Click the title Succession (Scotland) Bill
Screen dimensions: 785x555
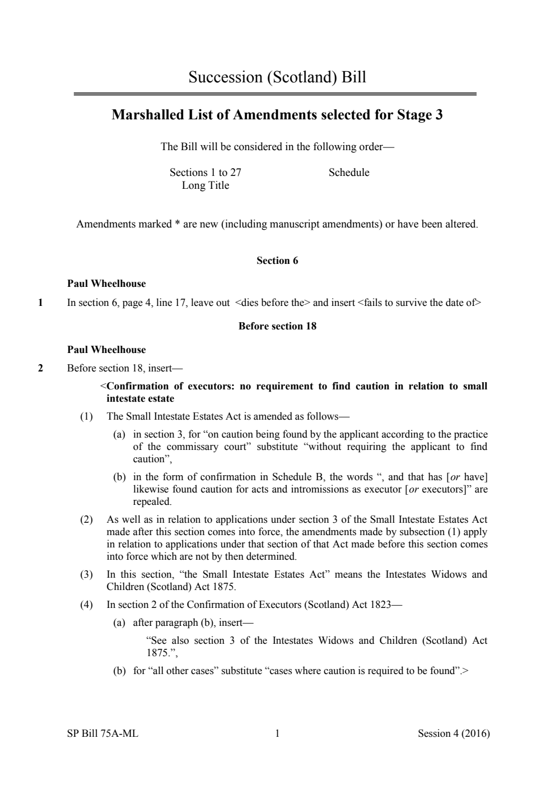coord(277,77)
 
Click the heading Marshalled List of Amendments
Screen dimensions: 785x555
coord(277,115)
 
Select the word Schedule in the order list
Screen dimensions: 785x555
coord(349,173)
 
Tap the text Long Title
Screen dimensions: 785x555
coord(206,185)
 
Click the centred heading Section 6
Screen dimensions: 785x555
coord(277,261)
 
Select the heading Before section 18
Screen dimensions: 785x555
coord(277,326)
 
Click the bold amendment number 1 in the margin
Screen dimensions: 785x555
coord(40,303)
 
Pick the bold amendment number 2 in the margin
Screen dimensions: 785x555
coord(40,369)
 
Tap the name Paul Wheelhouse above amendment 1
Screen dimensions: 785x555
coord(106,284)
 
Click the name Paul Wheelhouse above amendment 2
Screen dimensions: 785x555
coord(106,350)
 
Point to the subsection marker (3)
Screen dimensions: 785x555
coord(86,574)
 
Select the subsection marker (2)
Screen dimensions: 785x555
coord(86,519)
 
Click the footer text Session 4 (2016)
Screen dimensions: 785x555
coord(454,733)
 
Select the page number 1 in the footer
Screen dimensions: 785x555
coord(277,733)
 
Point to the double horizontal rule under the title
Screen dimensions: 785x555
coord(275,94)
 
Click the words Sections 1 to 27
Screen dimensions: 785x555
coord(206,173)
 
